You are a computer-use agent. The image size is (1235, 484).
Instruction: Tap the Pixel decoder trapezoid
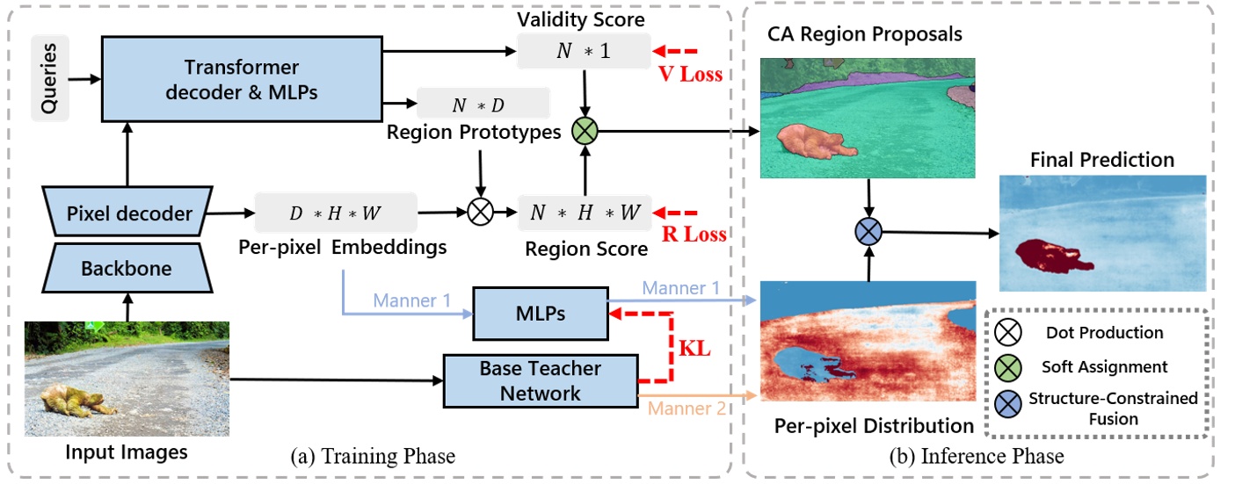point(127,213)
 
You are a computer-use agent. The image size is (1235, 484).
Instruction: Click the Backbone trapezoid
point(127,268)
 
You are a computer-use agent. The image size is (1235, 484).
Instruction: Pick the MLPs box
point(541,313)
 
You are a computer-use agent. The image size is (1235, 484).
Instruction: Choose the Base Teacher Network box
point(540,380)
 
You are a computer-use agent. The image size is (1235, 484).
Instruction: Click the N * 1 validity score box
point(583,51)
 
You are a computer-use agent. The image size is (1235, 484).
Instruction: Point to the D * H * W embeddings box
point(335,213)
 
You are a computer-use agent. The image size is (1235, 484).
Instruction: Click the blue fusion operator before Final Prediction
point(868,232)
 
